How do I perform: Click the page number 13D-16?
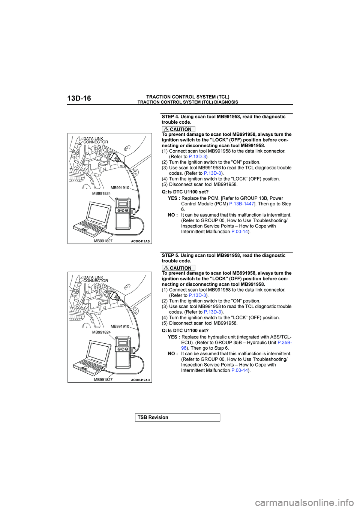click(x=79, y=99)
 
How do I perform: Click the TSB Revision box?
click(x=177, y=418)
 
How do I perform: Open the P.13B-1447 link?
click(x=241, y=204)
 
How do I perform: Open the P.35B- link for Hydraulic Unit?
click(x=285, y=343)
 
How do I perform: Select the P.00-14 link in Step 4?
click(x=240, y=232)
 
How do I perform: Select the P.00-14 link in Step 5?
click(x=240, y=370)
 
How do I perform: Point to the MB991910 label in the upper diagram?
click(x=120, y=188)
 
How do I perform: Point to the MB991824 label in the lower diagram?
click(x=101, y=332)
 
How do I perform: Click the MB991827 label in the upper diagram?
click(x=103, y=241)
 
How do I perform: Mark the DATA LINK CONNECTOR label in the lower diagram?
click(x=95, y=279)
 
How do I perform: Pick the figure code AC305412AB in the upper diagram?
click(x=140, y=241)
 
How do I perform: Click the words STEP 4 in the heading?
click(x=170, y=117)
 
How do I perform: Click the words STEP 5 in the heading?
click(x=170, y=255)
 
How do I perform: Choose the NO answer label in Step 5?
click(x=172, y=353)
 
